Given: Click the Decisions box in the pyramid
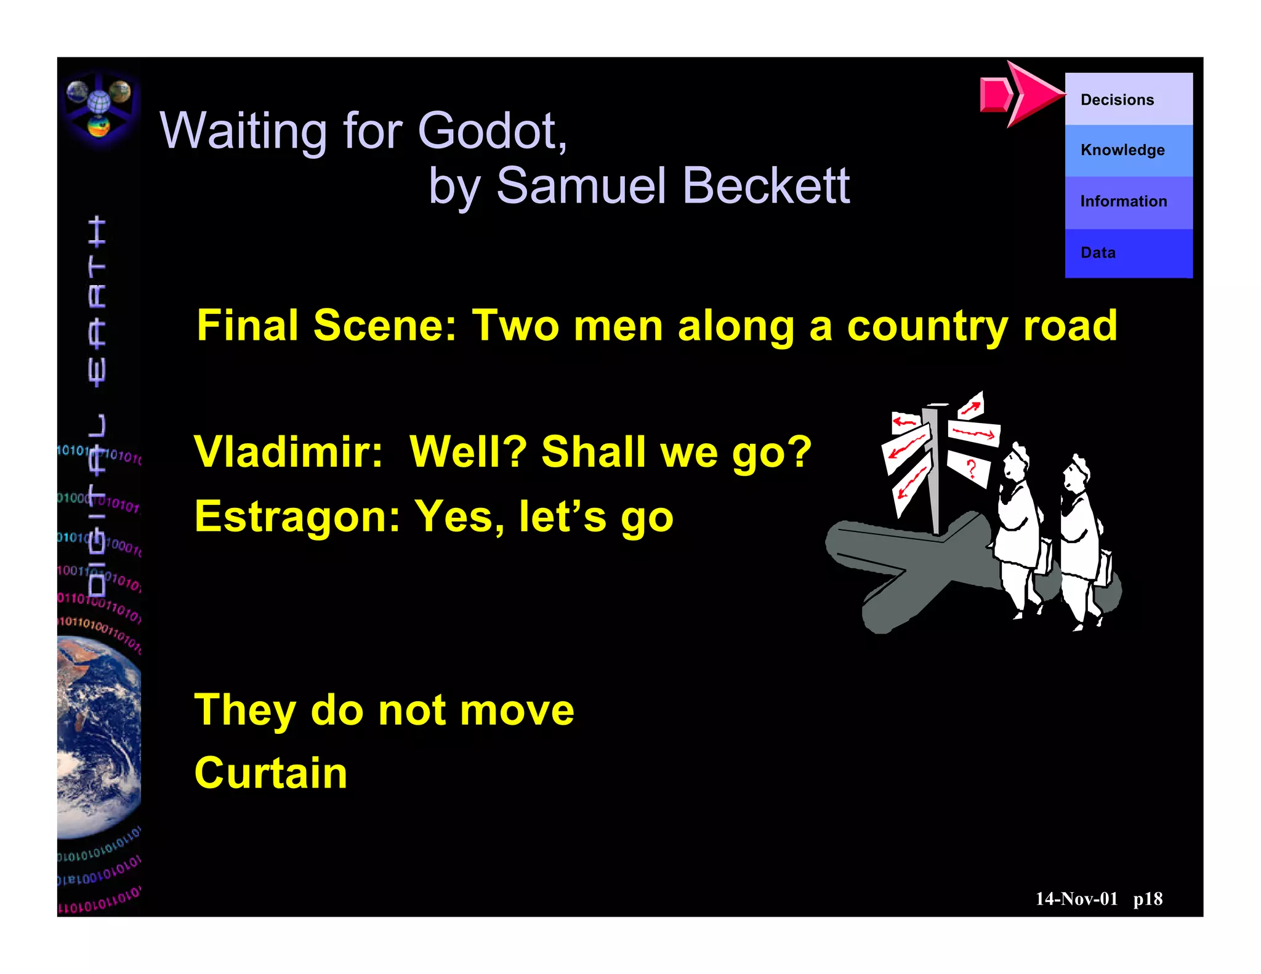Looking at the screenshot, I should click(1128, 99).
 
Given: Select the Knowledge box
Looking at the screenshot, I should click(1128, 150).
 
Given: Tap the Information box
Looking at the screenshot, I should click(1128, 202).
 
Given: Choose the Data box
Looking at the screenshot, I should click(1128, 253).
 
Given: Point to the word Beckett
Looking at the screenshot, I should click(766, 185).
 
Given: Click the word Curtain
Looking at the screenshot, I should click(271, 773).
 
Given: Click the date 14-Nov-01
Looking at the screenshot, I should click(1076, 899).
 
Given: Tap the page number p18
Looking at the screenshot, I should click(1148, 899).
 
